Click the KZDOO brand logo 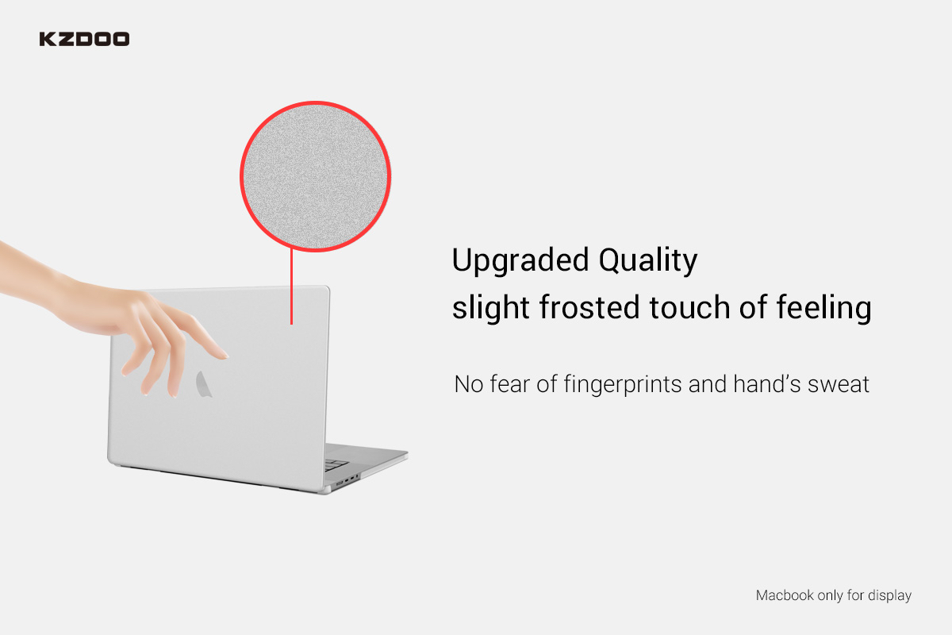click(84, 39)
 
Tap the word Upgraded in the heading click(520, 260)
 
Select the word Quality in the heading click(648, 260)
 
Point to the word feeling click(824, 308)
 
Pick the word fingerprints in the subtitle click(623, 384)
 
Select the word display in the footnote click(889, 595)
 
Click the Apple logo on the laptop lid click(204, 384)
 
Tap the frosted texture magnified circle click(316, 176)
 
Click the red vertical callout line click(292, 287)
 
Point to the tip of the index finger click(227, 356)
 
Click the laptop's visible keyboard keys click(336, 465)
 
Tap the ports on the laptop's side click(347, 480)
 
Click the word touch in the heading click(689, 307)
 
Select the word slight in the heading click(491, 308)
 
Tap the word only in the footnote click(831, 595)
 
